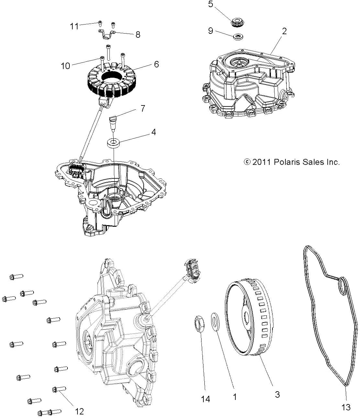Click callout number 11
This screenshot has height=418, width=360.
(74, 26)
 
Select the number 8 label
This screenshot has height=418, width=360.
(138, 35)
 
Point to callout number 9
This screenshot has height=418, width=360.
(211, 31)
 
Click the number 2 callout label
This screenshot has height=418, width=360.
(284, 31)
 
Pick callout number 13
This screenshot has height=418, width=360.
(346, 407)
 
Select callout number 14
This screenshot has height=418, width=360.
(205, 399)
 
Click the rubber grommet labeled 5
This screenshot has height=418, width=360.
(238, 23)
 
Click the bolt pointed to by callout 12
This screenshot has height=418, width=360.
(59, 389)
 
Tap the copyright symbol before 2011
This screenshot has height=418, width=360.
(247, 162)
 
